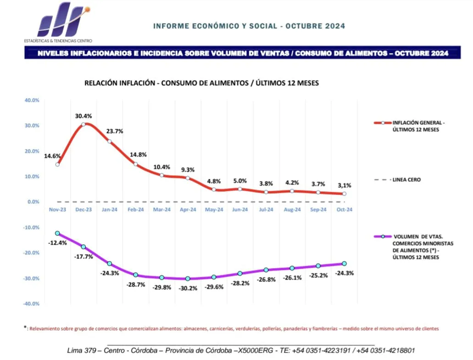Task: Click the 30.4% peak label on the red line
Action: tap(83, 116)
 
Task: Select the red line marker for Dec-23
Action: tap(83, 124)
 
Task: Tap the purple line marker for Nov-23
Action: tap(57, 233)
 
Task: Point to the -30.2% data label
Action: tap(188, 288)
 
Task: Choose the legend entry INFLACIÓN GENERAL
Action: tap(418, 126)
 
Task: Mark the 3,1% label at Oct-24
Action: tap(344, 186)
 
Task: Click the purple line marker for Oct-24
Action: tap(344, 264)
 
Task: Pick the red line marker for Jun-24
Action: tap(240, 189)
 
